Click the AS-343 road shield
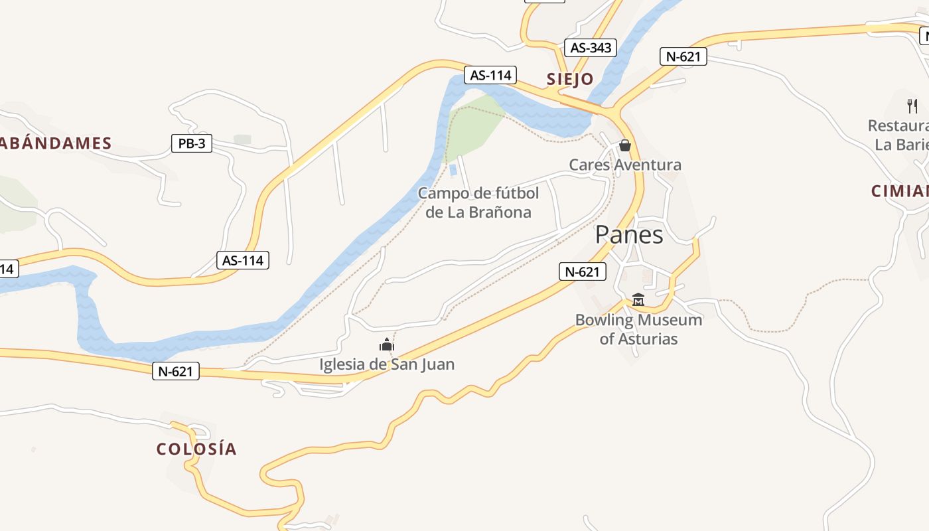tap(590, 48)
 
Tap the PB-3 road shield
tap(192, 143)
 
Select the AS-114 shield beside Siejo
tap(490, 75)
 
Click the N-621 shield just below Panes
tap(582, 271)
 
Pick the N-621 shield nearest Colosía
tap(176, 371)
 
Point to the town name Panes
tap(628, 235)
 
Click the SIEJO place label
tap(570, 80)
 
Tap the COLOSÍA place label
tap(196, 449)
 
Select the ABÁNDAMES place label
tap(56, 143)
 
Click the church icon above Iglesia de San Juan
tap(387, 344)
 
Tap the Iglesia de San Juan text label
tap(387, 364)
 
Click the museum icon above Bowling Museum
tap(638, 299)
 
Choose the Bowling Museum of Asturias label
tap(638, 329)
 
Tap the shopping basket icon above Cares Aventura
tap(624, 145)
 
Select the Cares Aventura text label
tap(625, 165)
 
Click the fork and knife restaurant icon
tap(912, 106)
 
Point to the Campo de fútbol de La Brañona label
tap(478, 203)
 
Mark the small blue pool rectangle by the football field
tap(453, 170)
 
